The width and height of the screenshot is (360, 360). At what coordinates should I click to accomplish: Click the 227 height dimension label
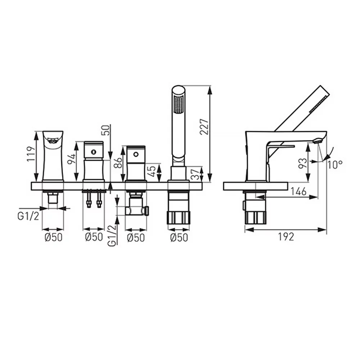204,127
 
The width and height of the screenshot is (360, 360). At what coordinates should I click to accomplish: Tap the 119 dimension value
31,154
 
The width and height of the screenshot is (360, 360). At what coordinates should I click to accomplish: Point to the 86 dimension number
118,162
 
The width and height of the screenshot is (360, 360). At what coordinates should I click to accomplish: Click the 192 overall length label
286,237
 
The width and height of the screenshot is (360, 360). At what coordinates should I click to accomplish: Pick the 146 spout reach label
298,191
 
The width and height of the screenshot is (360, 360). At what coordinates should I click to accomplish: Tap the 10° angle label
335,165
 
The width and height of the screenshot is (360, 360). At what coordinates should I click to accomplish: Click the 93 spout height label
303,163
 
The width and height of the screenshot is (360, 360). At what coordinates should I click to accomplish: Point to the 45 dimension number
152,171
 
